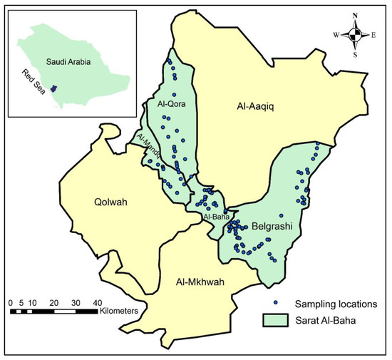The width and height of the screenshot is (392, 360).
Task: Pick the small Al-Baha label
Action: (215, 216)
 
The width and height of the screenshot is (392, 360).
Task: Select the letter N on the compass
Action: (356, 15)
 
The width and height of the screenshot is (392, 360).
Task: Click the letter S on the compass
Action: (356, 54)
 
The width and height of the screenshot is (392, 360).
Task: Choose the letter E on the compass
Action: (375, 34)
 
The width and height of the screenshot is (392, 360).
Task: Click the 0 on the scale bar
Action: (11, 302)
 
